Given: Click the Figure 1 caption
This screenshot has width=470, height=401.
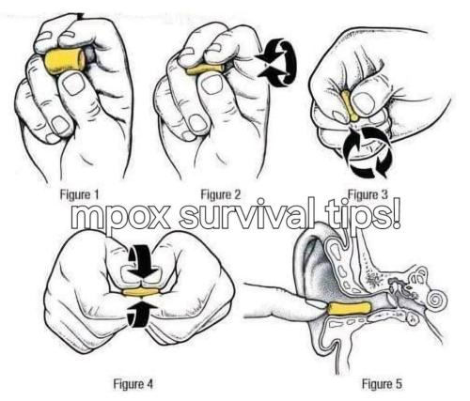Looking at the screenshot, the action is tap(79, 194).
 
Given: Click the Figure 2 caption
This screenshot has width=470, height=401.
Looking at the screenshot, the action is tap(221, 194).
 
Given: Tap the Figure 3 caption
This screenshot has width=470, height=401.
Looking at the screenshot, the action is tap(368, 194).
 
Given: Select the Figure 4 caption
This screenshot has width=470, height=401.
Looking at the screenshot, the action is tap(133, 383).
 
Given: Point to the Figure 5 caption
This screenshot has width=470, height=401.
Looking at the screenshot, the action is tap(382, 383).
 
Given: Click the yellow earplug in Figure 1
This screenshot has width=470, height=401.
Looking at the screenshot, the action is tap(65, 61).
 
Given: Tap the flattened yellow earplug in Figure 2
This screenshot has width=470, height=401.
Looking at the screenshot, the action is tap(205, 69).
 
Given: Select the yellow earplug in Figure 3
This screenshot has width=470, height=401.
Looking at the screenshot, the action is tap(350, 106).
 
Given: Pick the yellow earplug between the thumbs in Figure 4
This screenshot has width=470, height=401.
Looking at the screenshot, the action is tap(141, 292).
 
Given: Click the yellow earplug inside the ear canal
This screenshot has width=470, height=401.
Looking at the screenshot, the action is tap(350, 308).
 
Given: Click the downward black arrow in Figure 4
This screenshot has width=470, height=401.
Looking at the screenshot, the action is tap(143, 261).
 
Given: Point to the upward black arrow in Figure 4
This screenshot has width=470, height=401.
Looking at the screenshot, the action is tap(140, 314).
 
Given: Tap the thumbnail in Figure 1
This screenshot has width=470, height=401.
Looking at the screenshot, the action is tap(73, 84).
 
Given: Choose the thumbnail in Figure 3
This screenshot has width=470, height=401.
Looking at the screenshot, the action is tap(363, 103).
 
